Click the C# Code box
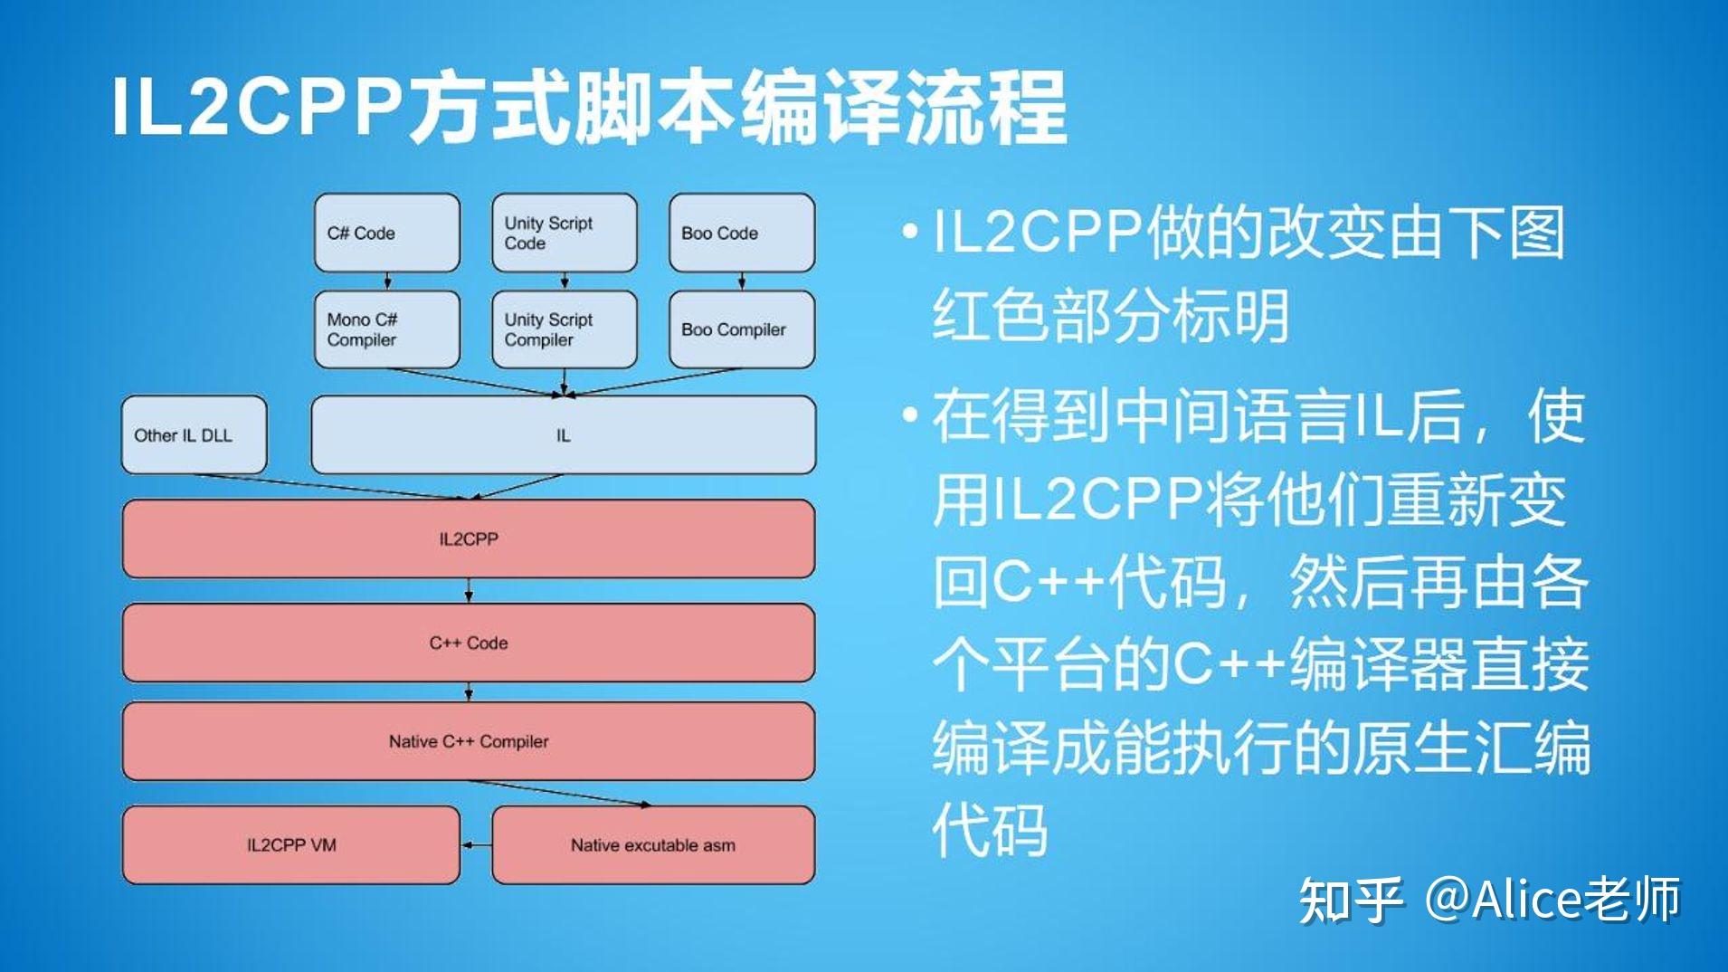[x=387, y=233]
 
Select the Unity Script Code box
[x=564, y=233]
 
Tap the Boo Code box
[x=742, y=233]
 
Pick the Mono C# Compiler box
[x=387, y=329]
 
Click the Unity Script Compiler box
[x=564, y=329]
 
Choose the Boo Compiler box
[x=742, y=329]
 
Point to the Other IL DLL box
[x=194, y=435]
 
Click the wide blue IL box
[x=563, y=435]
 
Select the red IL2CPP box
[x=469, y=539]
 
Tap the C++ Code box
[x=469, y=643]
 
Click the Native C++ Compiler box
[x=469, y=741]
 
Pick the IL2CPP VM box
[x=291, y=845]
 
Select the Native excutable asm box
[x=653, y=845]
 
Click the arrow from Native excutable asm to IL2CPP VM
[x=476, y=845]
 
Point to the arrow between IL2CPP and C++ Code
[x=469, y=591]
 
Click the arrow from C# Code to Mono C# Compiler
[x=388, y=280]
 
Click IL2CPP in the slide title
[x=258, y=106]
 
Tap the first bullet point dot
[x=910, y=233]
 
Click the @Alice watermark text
[x=1552, y=900]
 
